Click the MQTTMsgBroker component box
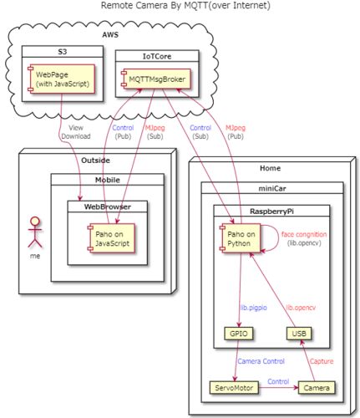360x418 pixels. tap(156, 79)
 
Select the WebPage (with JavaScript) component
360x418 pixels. tap(62, 79)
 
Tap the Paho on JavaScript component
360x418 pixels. tap(111, 238)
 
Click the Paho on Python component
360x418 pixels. tap(240, 238)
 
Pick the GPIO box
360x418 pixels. tap(239, 334)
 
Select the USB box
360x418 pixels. tap(299, 334)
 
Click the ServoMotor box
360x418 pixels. tap(234, 388)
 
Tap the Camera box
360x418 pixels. tap(317, 388)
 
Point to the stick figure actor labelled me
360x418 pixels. tap(35, 232)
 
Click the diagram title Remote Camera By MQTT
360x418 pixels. tap(185, 5)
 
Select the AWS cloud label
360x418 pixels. tap(110, 35)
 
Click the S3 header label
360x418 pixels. tap(63, 52)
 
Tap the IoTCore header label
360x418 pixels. tap(157, 56)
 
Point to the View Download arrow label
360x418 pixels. tap(76, 132)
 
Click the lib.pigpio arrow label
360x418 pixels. tap(253, 308)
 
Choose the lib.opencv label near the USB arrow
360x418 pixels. tap(301, 308)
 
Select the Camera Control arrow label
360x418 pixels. tap(261, 361)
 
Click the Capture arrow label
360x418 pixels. tap(322, 361)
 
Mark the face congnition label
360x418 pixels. tap(304, 235)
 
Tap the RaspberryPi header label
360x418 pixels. tap(271, 212)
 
